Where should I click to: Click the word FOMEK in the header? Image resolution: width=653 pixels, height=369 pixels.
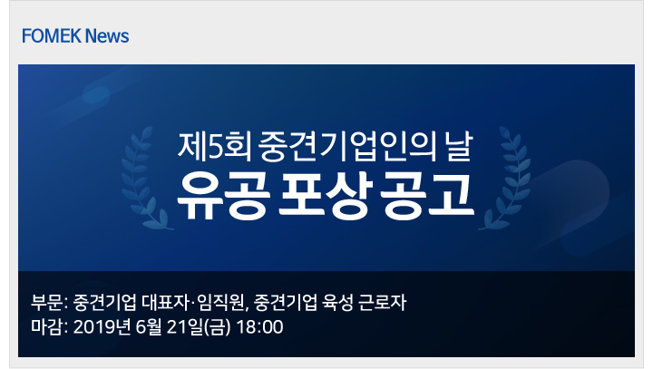point(51,36)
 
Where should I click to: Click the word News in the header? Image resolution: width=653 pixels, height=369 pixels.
point(107,36)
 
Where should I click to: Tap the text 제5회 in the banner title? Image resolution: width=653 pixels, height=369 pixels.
point(214,147)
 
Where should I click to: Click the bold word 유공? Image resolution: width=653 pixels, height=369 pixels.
point(221,196)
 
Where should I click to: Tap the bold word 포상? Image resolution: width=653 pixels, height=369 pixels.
point(325,196)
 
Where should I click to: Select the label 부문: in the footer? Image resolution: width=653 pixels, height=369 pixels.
point(49,303)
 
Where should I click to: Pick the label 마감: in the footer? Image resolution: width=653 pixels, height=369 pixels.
point(49,327)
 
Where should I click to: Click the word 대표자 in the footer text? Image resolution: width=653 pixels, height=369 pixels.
point(165,303)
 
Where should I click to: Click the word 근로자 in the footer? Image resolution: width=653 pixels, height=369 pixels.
point(382,303)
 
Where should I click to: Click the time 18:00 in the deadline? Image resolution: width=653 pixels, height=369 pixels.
point(260,327)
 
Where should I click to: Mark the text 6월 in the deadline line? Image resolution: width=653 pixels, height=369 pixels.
point(149,327)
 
